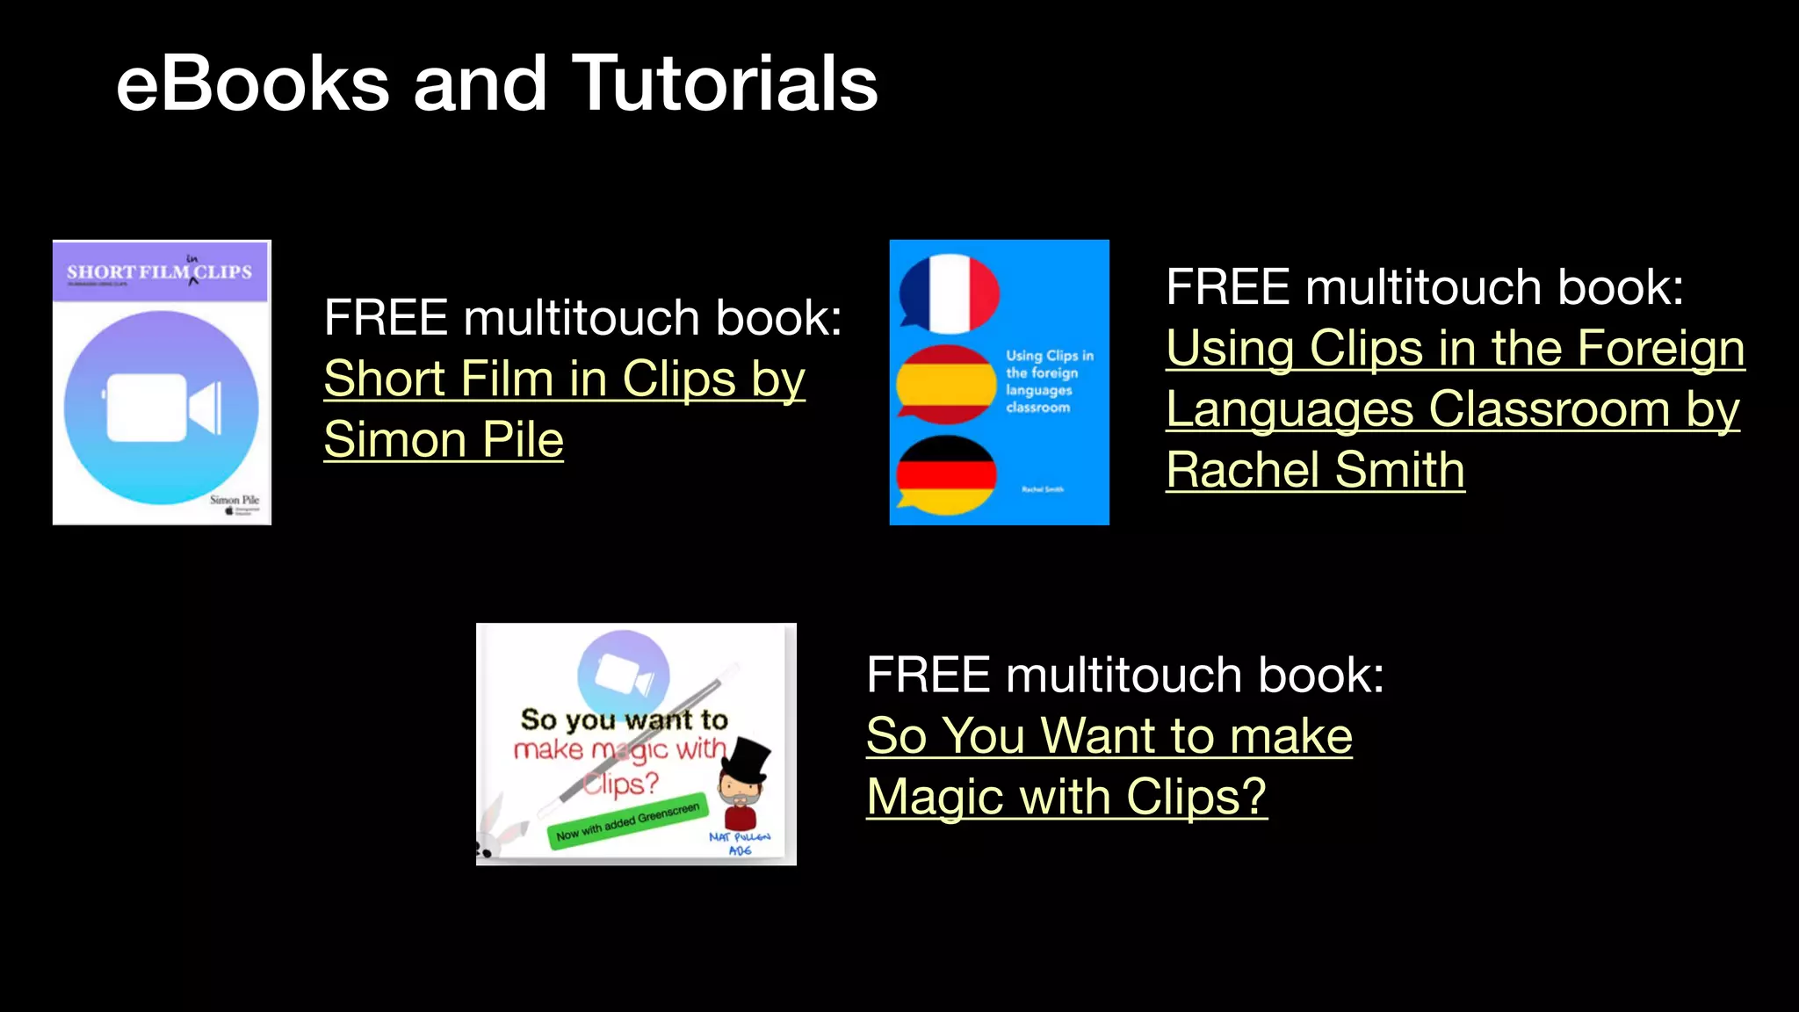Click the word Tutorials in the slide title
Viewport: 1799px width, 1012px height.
click(725, 83)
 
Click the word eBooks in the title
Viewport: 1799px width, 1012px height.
click(253, 83)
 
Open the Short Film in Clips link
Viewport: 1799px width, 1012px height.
click(564, 379)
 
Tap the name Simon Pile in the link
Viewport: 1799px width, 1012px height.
click(444, 439)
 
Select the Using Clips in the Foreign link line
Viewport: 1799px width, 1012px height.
click(1455, 348)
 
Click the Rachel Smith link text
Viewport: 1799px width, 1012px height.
click(1315, 470)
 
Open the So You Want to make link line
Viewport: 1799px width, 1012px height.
click(1109, 735)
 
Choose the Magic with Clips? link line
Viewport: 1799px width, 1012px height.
click(1066, 797)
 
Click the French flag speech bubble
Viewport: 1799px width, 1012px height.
click(949, 293)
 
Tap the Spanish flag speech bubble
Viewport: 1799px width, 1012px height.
click(946, 385)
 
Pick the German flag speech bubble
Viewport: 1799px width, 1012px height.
click(946, 475)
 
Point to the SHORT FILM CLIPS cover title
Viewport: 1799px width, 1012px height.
click(159, 272)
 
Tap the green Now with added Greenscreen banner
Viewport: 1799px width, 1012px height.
click(627, 822)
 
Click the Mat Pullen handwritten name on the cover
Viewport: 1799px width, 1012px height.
click(740, 843)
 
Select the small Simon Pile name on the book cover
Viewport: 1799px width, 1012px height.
click(234, 499)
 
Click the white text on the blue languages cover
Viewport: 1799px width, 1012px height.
click(1049, 381)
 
